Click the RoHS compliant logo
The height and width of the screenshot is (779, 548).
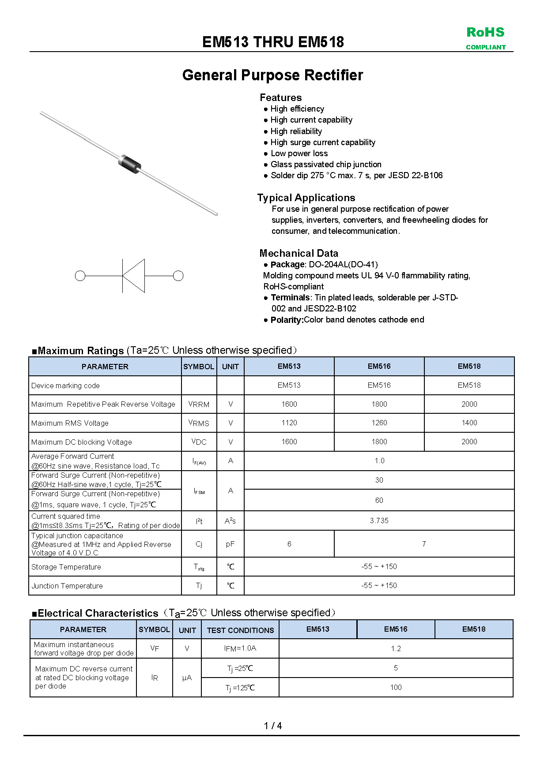click(x=485, y=38)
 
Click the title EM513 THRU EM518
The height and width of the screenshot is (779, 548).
click(x=273, y=42)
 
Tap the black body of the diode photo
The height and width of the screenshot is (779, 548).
click(x=129, y=162)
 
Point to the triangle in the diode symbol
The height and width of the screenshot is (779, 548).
click(x=133, y=276)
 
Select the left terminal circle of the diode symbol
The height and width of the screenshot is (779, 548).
click(x=80, y=276)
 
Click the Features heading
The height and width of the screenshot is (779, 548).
click(x=280, y=97)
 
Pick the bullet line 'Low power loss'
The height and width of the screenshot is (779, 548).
click(x=299, y=154)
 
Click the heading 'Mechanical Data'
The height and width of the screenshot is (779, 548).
click(x=299, y=253)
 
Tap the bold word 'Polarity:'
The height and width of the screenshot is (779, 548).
click(x=287, y=320)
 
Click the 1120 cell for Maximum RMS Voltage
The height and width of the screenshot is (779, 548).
click(x=289, y=423)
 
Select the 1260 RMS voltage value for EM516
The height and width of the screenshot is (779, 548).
click(x=379, y=423)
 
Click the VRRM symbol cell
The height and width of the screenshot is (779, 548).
click(x=199, y=404)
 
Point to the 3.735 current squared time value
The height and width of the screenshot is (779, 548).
click(x=379, y=521)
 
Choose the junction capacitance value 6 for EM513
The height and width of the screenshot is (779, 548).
click(x=289, y=544)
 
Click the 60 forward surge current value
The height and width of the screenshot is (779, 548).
click(x=379, y=500)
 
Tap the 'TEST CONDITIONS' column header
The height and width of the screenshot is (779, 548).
click(x=240, y=630)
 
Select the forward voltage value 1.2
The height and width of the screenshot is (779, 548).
click(x=396, y=648)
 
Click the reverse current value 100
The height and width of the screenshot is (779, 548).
click(x=396, y=687)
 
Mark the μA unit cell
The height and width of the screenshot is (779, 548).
click(x=187, y=678)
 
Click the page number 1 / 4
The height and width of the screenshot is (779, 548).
click(x=273, y=726)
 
